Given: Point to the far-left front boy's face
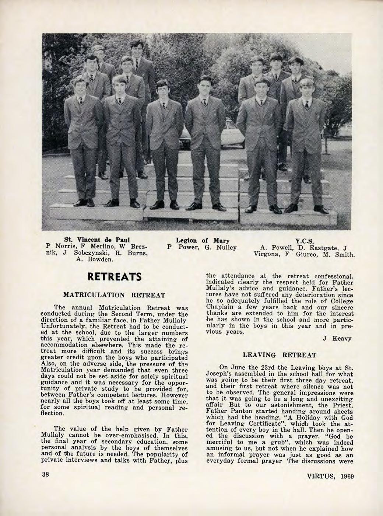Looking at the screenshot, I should click(80, 87).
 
